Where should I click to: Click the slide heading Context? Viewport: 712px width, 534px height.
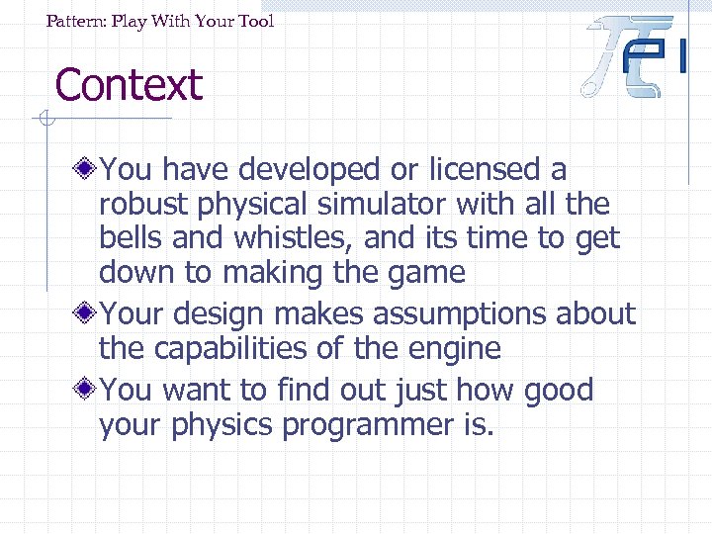point(129,85)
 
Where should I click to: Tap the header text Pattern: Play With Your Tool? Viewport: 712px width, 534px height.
point(160,21)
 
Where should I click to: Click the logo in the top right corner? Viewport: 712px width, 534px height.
point(633,56)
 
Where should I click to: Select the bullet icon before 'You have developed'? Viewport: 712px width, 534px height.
point(89,169)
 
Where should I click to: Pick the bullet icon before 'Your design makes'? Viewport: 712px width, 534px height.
point(89,313)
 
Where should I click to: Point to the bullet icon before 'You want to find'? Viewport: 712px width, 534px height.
point(89,390)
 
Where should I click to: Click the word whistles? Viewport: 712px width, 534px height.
point(293,238)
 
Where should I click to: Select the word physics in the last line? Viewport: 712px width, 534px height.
point(225,425)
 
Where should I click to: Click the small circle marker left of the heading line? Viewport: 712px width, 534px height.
point(45,121)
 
